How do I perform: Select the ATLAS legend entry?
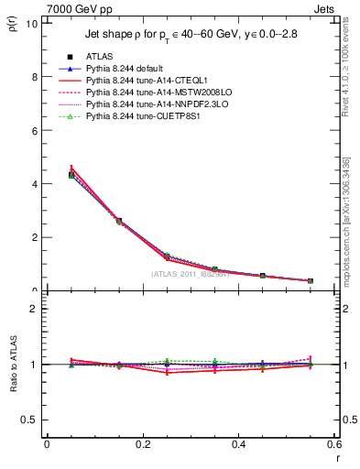click(100, 56)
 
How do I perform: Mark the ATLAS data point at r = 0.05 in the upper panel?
click(71, 174)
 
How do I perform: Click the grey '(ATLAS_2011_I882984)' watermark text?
click(190, 274)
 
